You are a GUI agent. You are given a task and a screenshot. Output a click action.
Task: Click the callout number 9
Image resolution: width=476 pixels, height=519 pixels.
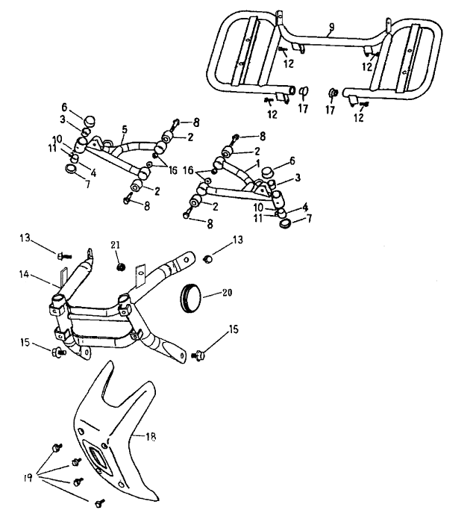[x=331, y=28]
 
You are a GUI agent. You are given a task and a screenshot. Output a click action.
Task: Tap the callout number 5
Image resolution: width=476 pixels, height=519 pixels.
[x=123, y=129]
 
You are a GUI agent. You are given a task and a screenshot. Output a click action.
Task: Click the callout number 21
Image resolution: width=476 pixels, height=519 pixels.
[x=115, y=244]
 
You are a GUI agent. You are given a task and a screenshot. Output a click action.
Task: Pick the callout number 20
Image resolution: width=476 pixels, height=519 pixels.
[x=226, y=293]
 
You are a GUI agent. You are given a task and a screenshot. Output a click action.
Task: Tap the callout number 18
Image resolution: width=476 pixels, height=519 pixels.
[x=151, y=437]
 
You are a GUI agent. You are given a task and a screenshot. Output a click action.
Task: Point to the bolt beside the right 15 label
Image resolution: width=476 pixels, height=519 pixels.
[x=199, y=358]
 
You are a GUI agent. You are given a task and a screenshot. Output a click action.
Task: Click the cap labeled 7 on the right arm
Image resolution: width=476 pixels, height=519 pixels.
[x=284, y=217]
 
